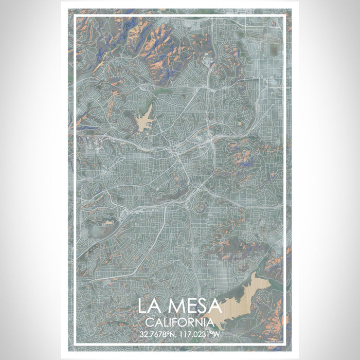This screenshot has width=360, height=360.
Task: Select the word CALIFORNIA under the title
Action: (x=179, y=322)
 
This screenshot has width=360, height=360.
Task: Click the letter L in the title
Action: (x=144, y=306)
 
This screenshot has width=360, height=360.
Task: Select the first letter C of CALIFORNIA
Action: (x=149, y=322)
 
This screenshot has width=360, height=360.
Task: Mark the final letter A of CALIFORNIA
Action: (x=210, y=322)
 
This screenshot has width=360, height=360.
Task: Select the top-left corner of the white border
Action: (x=76, y=16)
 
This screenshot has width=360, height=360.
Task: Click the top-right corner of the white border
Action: (x=284, y=16)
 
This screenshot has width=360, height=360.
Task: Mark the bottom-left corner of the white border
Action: (x=76, y=344)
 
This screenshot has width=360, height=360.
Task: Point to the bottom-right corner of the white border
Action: (x=284, y=344)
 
